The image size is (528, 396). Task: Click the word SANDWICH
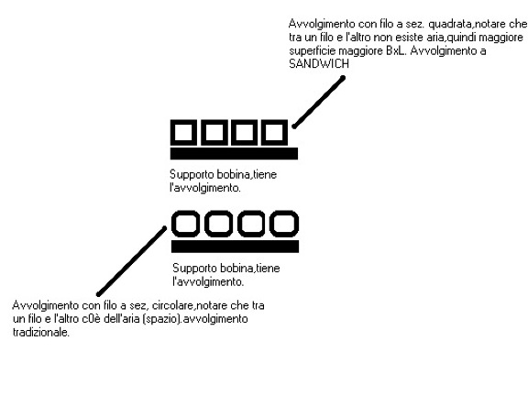319,63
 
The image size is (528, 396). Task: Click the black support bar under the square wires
234,154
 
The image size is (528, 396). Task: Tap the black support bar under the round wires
235,247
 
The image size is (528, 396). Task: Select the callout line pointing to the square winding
319,103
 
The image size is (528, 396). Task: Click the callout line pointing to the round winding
132,261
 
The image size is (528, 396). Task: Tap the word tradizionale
40,333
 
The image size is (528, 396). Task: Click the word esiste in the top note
406,38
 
